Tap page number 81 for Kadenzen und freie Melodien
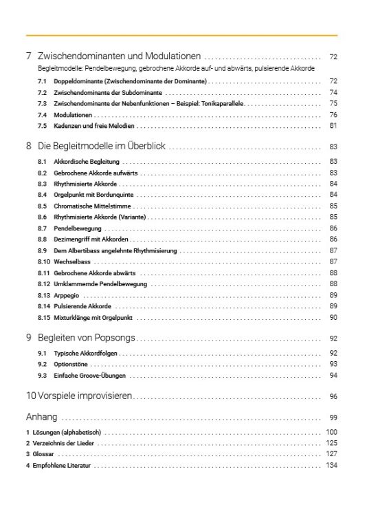coord(333,126)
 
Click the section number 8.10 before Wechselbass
coord(43,262)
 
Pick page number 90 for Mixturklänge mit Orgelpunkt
coord(333,318)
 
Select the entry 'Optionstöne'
coord(71,363)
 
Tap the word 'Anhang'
coord(41,417)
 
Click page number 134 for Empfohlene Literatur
coord(331,466)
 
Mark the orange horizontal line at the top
coord(181,34)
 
